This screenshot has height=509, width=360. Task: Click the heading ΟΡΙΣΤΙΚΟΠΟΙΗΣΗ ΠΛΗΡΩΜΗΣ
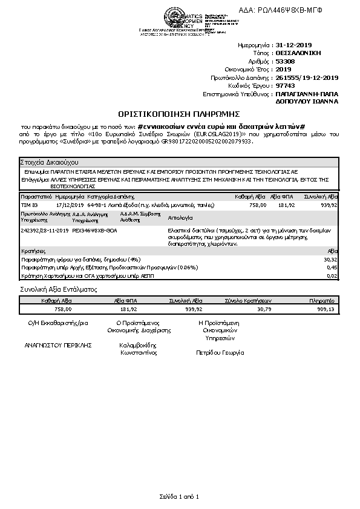click(179, 113)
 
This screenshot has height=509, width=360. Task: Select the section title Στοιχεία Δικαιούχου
click(48, 163)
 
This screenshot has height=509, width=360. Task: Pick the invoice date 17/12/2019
click(68, 205)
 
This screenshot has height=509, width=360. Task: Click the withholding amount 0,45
click(332, 267)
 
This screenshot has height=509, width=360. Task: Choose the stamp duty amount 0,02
click(332, 276)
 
